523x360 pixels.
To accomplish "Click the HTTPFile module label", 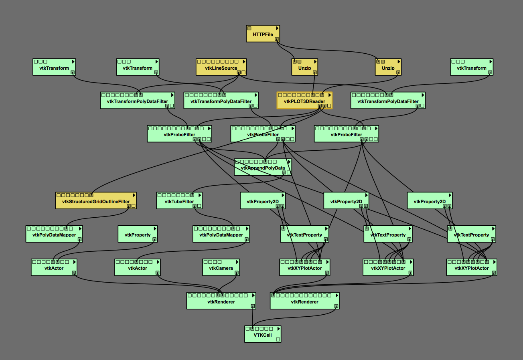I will pos(263,34).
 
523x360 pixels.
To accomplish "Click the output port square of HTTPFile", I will pos(276,39).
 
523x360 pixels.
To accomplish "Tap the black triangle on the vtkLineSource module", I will pos(243,62).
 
